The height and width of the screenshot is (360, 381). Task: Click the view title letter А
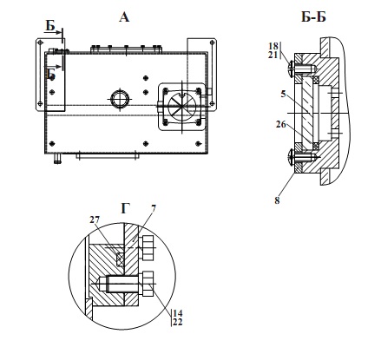point(124,17)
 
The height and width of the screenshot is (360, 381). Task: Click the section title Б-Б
point(313,17)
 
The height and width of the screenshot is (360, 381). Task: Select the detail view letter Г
point(125,208)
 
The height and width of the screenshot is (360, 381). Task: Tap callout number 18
point(273,46)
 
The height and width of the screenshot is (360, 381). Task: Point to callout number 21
point(273,55)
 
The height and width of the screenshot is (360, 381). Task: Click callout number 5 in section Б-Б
point(284,94)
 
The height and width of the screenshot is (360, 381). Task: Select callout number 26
point(280,124)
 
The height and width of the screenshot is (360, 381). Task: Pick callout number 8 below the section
point(277,200)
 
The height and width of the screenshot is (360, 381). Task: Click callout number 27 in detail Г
point(95,219)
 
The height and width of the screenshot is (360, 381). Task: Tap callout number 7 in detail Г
point(154,208)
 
